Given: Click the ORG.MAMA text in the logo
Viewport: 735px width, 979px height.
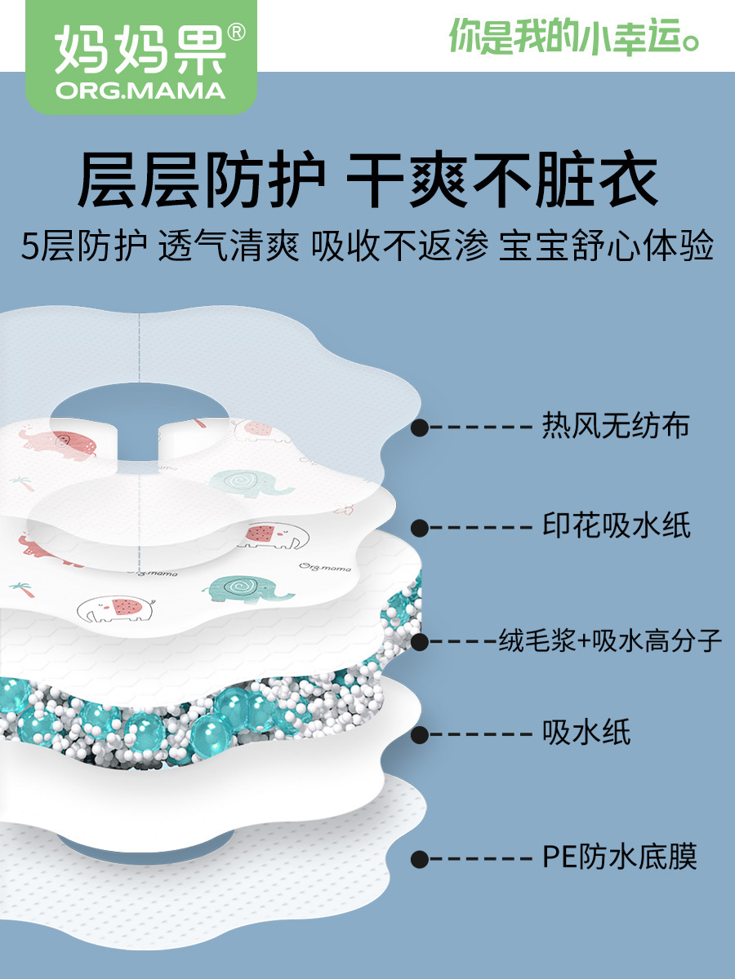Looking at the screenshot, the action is (140, 91).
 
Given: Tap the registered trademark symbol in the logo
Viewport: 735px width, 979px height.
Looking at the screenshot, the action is (236, 32).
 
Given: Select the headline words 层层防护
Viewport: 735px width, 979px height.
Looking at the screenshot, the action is (201, 179).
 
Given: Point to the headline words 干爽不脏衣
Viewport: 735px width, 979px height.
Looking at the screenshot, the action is (502, 179).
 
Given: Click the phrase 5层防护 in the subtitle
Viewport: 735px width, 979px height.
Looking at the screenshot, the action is (84, 246).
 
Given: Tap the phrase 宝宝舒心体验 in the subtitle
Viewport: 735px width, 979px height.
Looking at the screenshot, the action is (606, 246).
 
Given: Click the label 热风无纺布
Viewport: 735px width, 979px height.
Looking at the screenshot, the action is (616, 426).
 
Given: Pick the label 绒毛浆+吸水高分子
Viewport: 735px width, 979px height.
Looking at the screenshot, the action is (609, 640).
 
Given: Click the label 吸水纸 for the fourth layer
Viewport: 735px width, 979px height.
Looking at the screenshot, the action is (586, 732).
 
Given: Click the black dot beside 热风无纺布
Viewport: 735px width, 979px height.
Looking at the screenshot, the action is (420, 427).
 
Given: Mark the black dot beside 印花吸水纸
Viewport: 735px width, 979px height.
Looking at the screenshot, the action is (420, 528).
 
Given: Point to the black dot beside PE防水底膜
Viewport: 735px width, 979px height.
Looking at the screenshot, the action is (420, 858).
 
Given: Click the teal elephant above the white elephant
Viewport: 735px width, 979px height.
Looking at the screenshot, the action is (248, 590).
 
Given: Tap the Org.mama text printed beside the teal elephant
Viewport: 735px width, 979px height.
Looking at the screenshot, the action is (325, 567).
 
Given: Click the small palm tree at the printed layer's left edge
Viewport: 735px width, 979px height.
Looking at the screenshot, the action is (22, 590).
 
